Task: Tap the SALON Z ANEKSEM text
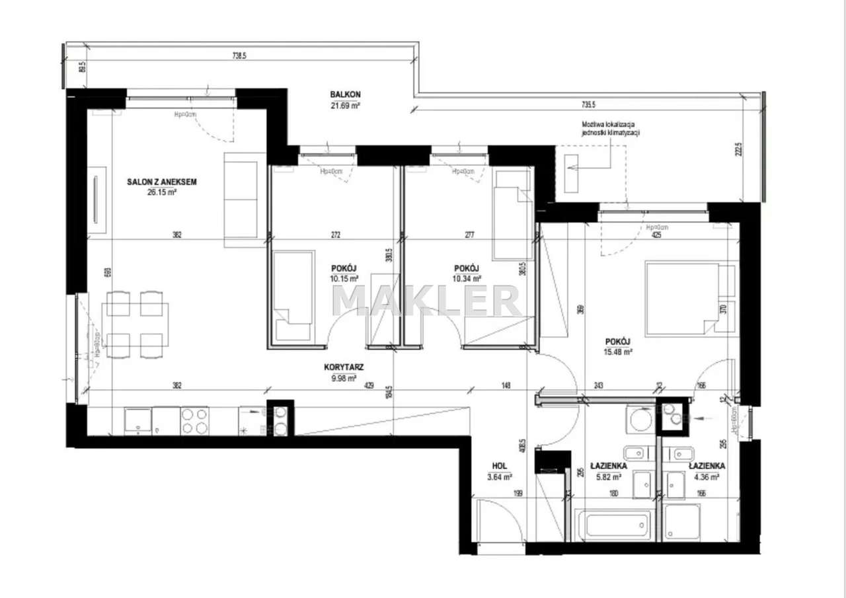click(163, 182)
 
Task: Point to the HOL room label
click(499, 465)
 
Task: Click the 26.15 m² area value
click(163, 193)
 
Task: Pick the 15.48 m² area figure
click(618, 352)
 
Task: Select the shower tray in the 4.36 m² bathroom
click(682, 523)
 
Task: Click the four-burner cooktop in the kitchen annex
click(194, 420)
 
